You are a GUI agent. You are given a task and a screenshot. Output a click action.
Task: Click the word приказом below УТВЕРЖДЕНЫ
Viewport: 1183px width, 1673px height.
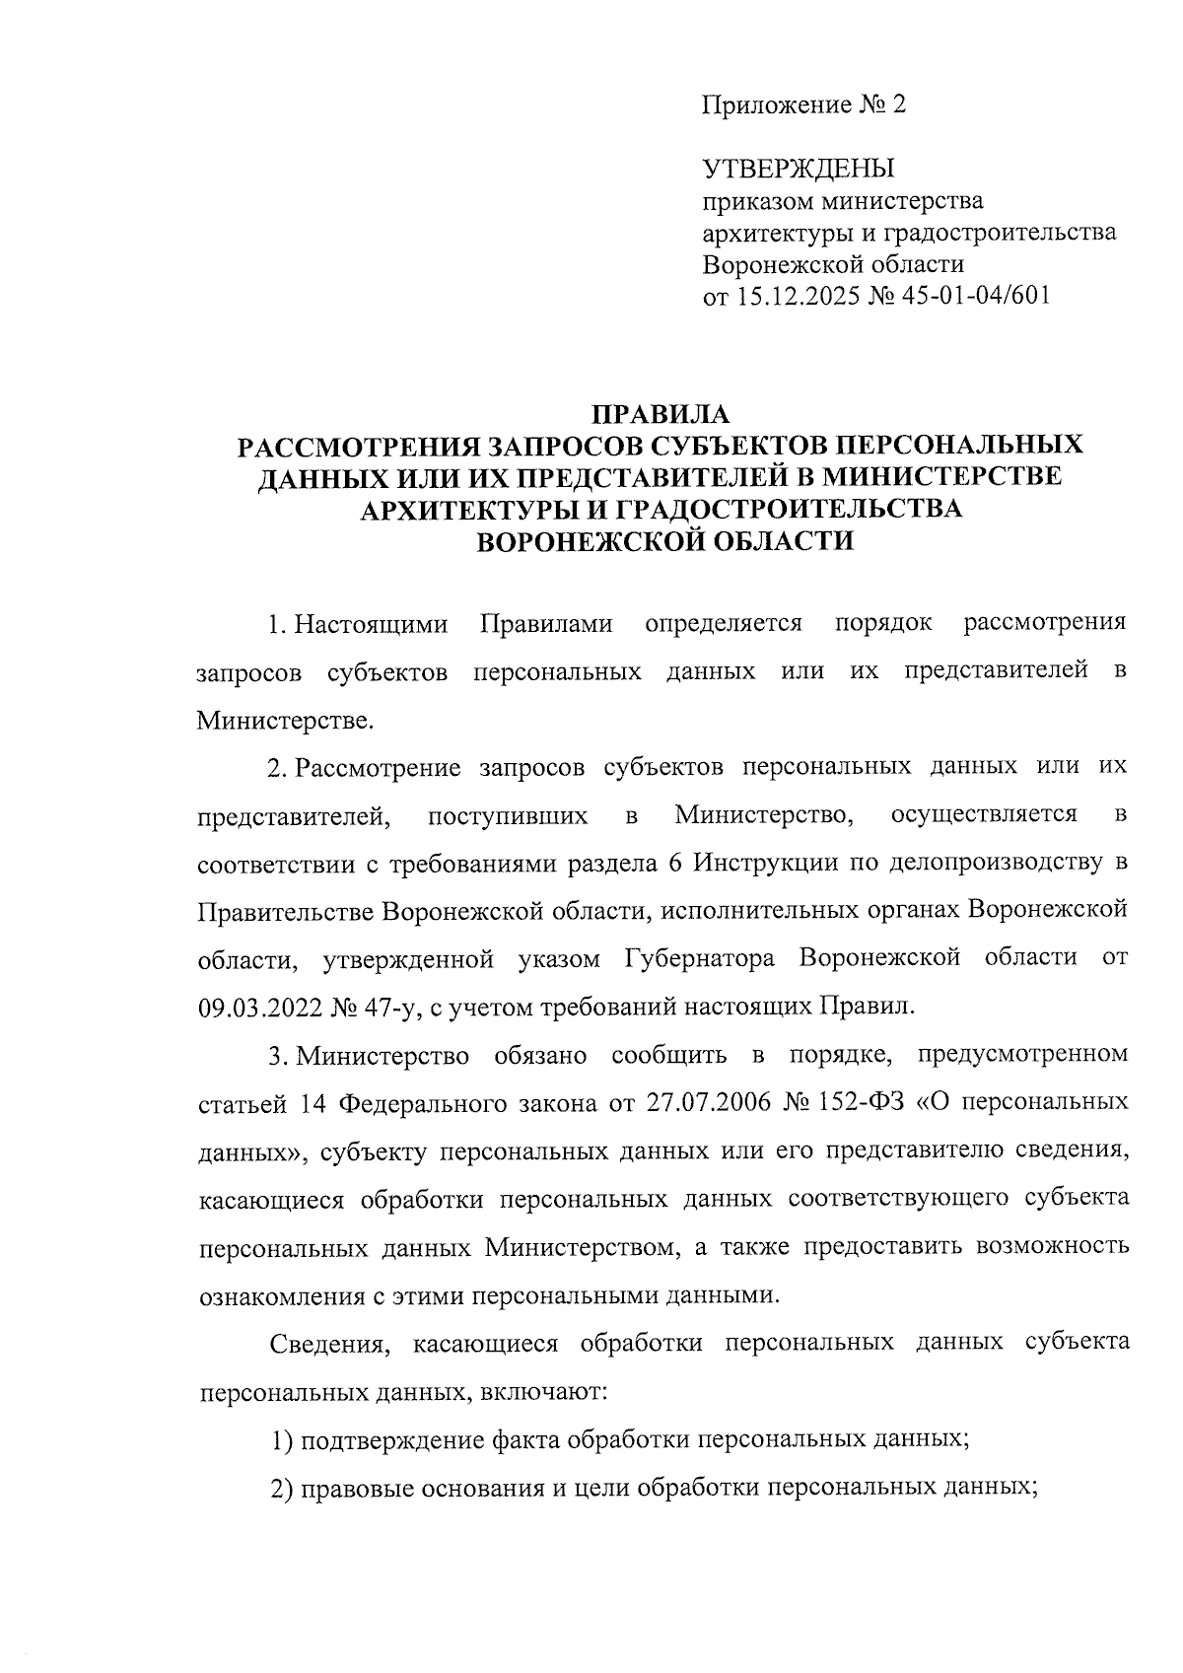tap(758, 202)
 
